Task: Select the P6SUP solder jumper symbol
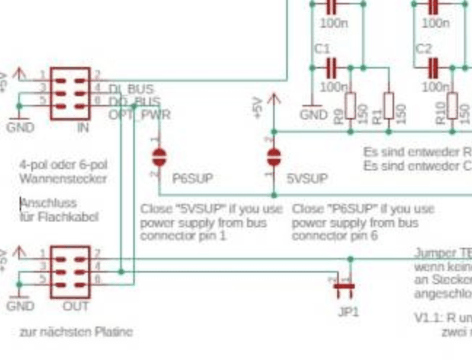pyautogui.click(x=158, y=157)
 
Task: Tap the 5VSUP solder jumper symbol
pyautogui.click(x=274, y=157)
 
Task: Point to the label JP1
pyautogui.click(x=348, y=311)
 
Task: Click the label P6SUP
pyautogui.click(x=193, y=178)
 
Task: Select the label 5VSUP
pyautogui.click(x=307, y=178)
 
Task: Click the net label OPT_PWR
pyautogui.click(x=140, y=114)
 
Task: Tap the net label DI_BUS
pyautogui.click(x=131, y=89)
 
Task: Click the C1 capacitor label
pyautogui.click(x=322, y=49)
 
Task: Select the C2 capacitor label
pyautogui.click(x=423, y=49)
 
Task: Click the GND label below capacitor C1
pyautogui.click(x=313, y=114)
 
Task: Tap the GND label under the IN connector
pyautogui.click(x=20, y=127)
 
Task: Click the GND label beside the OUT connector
pyautogui.click(x=20, y=305)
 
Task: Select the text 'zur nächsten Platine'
pyautogui.click(x=76, y=332)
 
